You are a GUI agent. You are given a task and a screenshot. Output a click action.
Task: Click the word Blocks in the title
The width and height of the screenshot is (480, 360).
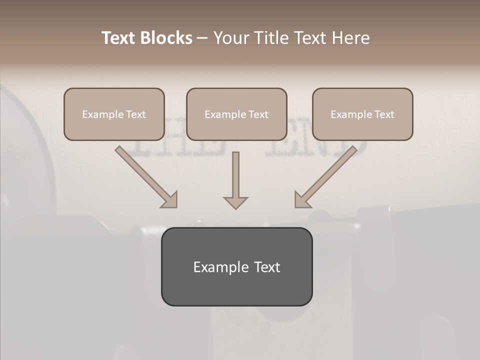point(166,38)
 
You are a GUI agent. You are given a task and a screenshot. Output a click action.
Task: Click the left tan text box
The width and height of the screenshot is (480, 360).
point(114,114)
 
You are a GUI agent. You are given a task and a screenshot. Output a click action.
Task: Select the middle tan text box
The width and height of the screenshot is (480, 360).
point(236,114)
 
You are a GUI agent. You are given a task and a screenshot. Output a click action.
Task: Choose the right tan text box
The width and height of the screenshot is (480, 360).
point(362,114)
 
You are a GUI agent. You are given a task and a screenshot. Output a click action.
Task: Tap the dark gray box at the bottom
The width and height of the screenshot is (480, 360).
point(236,266)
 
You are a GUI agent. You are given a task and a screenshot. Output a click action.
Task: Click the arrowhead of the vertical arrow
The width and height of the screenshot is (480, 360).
point(235,202)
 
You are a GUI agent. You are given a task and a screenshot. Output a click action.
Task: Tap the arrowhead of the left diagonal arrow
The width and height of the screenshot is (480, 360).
point(170,200)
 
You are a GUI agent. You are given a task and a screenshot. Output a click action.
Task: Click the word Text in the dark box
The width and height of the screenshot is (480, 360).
point(267,267)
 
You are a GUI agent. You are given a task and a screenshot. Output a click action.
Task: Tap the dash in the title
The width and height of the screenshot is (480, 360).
point(202,38)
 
